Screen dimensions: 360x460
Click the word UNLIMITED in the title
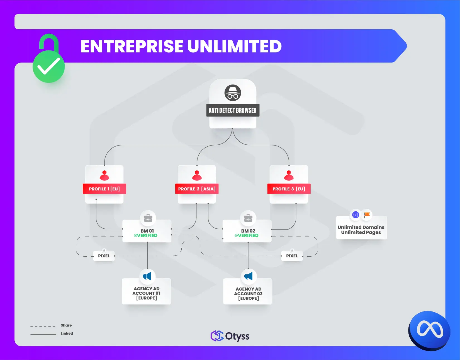click(234, 46)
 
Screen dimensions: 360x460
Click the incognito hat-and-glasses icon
click(233, 93)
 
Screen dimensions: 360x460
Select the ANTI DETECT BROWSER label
click(233, 110)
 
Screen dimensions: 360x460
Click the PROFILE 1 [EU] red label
click(104, 189)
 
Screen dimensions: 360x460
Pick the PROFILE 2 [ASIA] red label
click(197, 189)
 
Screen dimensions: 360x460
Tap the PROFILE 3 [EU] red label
click(289, 189)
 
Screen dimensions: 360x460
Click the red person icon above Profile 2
click(197, 175)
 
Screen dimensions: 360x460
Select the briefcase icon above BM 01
click(148, 218)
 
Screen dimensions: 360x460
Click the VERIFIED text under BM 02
click(247, 235)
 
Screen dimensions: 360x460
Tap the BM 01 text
click(147, 231)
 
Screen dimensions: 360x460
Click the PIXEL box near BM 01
click(104, 256)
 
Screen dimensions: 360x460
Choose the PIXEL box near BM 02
click(292, 256)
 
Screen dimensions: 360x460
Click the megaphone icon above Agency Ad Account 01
click(147, 276)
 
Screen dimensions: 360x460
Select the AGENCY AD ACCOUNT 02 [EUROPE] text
click(248, 294)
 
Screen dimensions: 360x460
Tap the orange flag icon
click(367, 215)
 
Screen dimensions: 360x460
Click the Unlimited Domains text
click(361, 227)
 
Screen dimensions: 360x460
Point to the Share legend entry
click(66, 325)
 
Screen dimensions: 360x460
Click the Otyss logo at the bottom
click(230, 336)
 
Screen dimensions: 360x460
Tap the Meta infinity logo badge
click(429, 330)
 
